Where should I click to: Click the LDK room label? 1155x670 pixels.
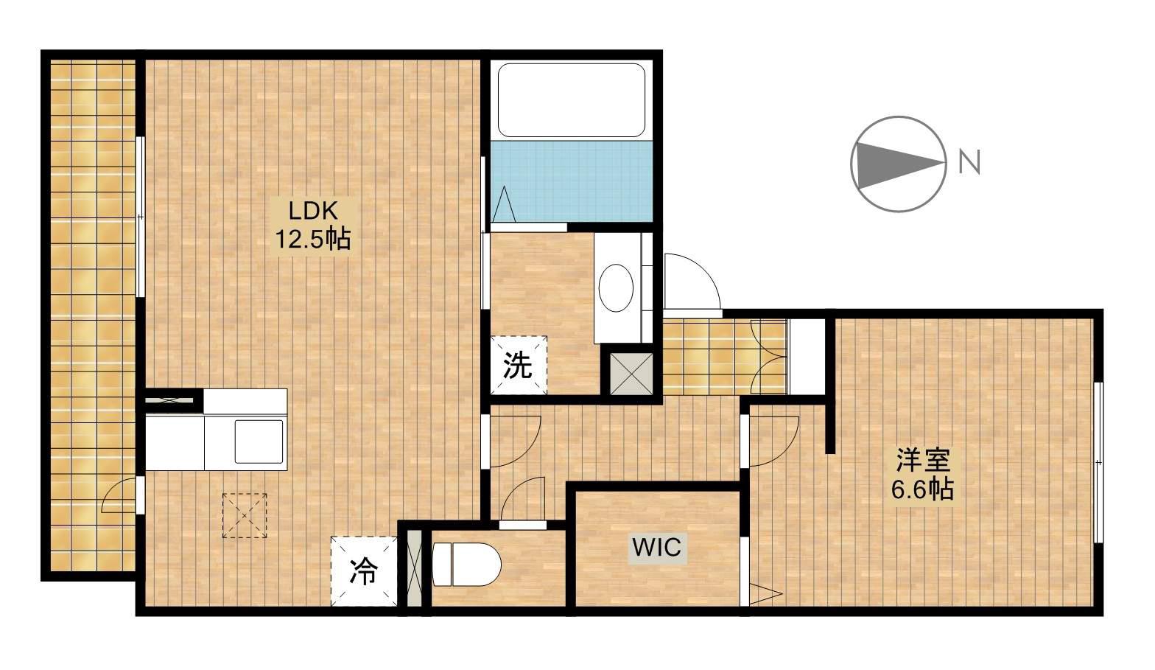[x=312, y=212]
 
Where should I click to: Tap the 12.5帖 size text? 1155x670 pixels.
[x=312, y=239]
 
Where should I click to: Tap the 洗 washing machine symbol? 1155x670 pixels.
[x=519, y=365]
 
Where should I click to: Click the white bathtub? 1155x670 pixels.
[x=572, y=100]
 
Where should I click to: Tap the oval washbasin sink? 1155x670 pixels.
[x=617, y=287]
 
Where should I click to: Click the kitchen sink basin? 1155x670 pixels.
[x=259, y=442]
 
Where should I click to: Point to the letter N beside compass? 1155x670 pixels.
[x=969, y=162]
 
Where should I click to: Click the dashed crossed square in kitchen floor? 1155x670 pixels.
[x=245, y=515]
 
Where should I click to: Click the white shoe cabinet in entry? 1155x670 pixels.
[x=806, y=357]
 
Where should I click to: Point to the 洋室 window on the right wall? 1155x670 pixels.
[x=1098, y=463]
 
